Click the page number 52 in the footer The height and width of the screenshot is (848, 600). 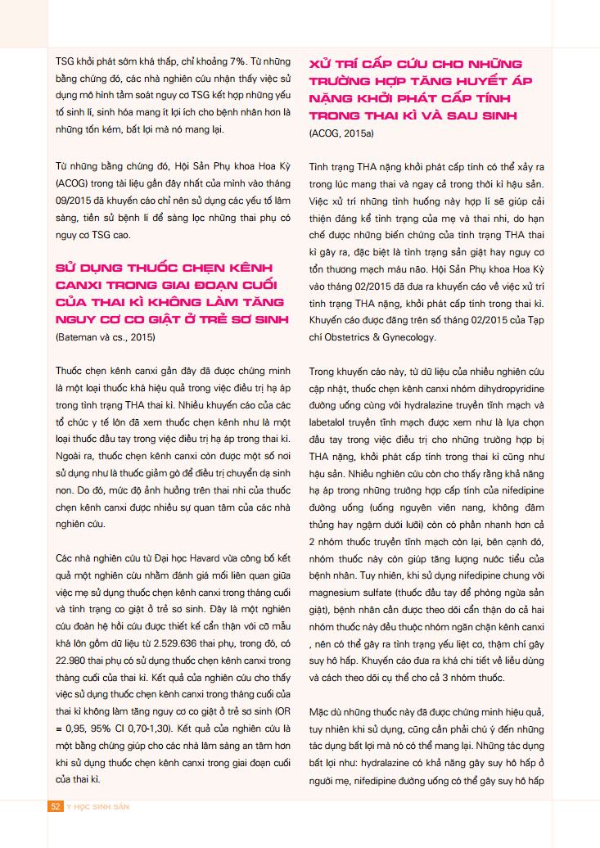click(56, 806)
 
